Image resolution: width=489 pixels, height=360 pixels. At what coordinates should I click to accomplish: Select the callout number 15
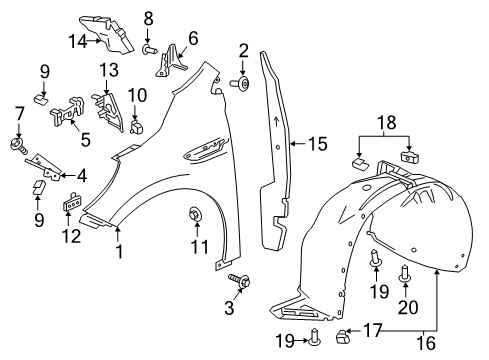coord(316,144)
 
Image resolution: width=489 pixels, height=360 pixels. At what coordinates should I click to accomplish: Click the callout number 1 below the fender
coord(120,253)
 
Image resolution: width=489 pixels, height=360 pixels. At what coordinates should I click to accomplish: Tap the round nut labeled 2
coord(243,85)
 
